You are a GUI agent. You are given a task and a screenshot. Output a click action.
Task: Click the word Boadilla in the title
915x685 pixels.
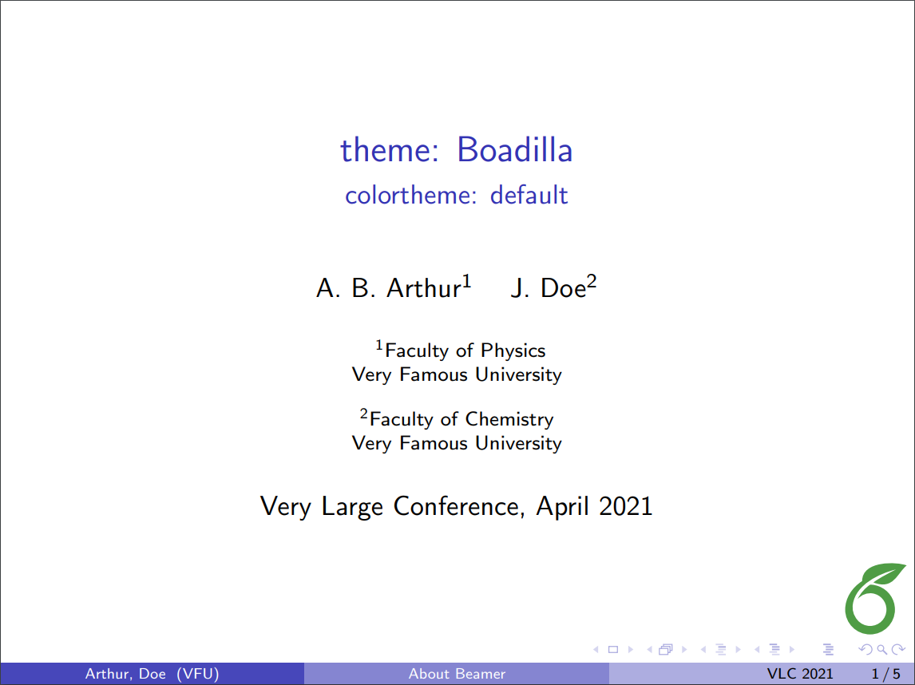pos(514,150)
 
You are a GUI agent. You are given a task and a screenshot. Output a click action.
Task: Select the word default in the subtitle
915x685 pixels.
pos(529,195)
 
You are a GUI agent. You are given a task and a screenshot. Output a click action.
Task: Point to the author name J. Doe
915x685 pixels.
pos(549,287)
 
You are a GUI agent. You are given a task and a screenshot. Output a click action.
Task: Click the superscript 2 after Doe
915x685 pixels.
pos(592,281)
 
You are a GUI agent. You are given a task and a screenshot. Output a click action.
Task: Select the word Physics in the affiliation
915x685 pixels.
pos(513,350)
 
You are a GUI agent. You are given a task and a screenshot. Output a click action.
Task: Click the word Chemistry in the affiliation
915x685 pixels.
pos(509,419)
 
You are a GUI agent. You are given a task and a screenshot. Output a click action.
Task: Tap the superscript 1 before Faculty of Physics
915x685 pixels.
pos(380,346)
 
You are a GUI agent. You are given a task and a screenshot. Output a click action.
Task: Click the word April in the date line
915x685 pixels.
pos(564,506)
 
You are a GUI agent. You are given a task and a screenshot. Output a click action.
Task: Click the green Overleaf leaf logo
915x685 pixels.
pos(876,598)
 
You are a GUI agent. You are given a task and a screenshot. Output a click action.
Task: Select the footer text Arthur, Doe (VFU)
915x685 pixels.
pos(152,674)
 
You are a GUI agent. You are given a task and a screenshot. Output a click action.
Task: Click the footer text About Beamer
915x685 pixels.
pos(457,674)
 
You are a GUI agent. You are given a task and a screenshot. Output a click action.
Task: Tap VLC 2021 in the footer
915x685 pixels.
pos(799,674)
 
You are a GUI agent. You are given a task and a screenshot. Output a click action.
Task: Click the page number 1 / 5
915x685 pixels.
pos(886,674)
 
